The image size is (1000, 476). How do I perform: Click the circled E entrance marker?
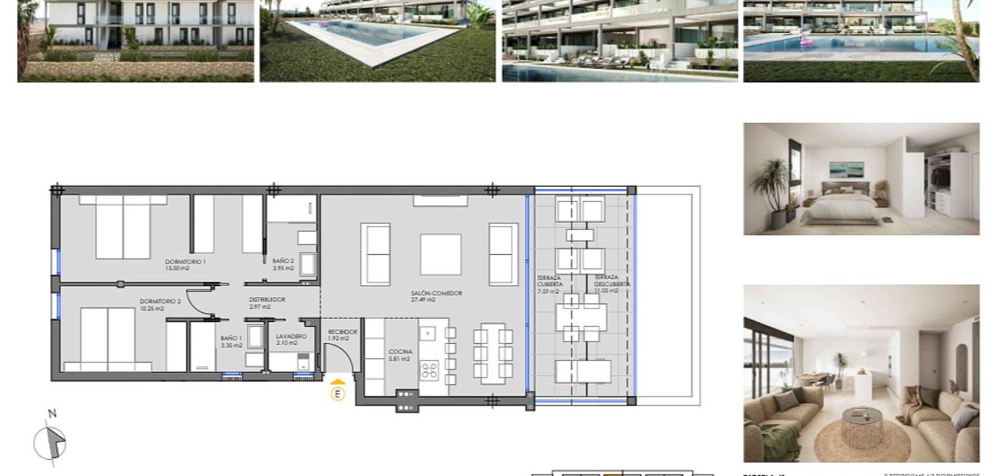coord(337,394)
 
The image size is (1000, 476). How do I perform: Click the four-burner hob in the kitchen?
coord(429,370)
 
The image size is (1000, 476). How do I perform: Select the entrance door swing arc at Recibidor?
coord(339,356)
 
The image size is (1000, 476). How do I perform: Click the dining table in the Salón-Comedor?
coord(494,353)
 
